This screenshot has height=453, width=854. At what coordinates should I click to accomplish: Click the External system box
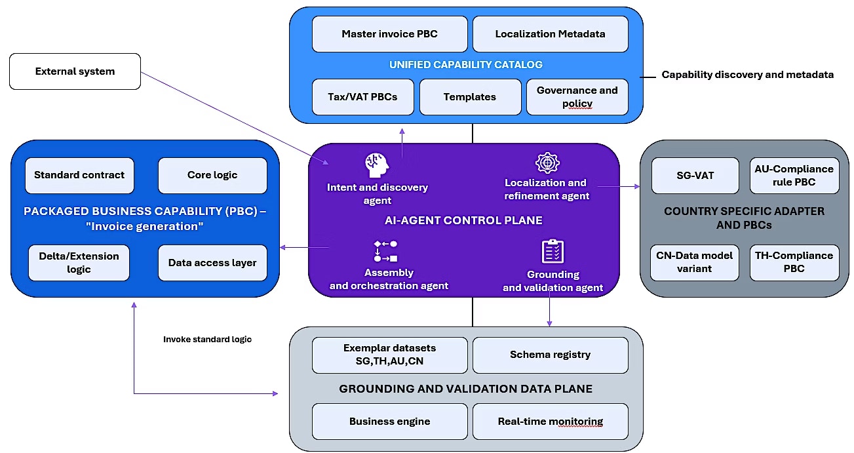point(75,71)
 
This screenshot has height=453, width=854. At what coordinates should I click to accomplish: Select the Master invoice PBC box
point(389,34)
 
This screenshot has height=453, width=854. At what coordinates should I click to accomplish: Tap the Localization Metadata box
point(550,34)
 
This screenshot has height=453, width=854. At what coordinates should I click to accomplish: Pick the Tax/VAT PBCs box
point(362,97)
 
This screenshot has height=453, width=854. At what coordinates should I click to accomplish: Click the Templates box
point(470,97)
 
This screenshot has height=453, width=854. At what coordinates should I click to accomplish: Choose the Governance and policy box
point(577,97)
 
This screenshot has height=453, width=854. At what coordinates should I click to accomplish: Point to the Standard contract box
point(79,175)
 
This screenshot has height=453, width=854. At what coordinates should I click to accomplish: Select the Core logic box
point(212,175)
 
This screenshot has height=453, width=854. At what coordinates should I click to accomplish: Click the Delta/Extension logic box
point(79,263)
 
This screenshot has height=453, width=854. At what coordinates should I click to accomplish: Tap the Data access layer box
point(212,263)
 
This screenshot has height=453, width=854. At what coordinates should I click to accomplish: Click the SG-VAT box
point(695,175)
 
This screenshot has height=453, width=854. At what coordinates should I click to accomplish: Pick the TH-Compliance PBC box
point(794,262)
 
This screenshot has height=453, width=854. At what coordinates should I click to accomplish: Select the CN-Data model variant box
point(695,262)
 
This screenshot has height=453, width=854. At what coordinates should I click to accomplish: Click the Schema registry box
point(550,355)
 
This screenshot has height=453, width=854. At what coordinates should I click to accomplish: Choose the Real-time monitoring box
point(550,421)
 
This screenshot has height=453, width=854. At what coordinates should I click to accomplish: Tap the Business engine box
point(389,421)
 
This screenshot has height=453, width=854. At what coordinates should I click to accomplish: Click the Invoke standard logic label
point(207,340)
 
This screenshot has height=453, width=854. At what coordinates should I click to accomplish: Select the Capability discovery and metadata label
point(747,75)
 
